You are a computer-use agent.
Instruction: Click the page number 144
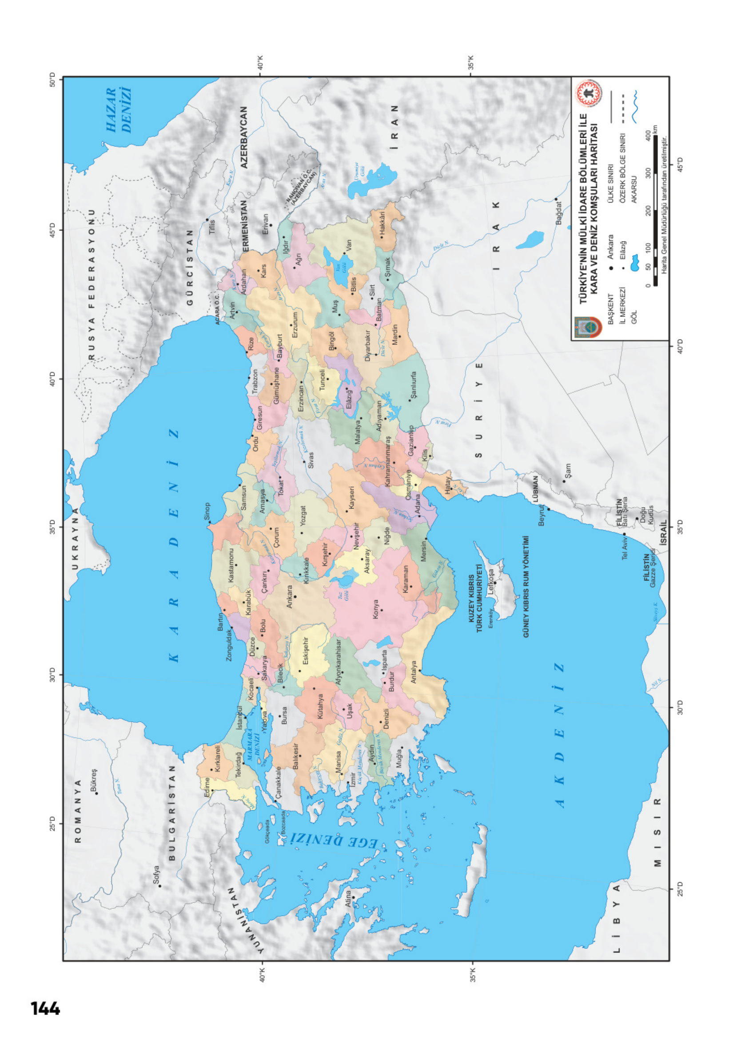[x=45, y=1009]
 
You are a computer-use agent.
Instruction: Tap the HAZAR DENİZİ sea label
[x=119, y=110]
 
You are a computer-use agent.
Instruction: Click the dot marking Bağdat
[x=555, y=199]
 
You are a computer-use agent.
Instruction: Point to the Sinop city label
[x=207, y=511]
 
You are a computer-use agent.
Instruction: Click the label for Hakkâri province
[x=382, y=224]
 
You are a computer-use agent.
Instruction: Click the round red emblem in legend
[x=589, y=94]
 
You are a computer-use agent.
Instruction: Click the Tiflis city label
[x=211, y=227]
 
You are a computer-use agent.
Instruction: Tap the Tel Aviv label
[x=625, y=549]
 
